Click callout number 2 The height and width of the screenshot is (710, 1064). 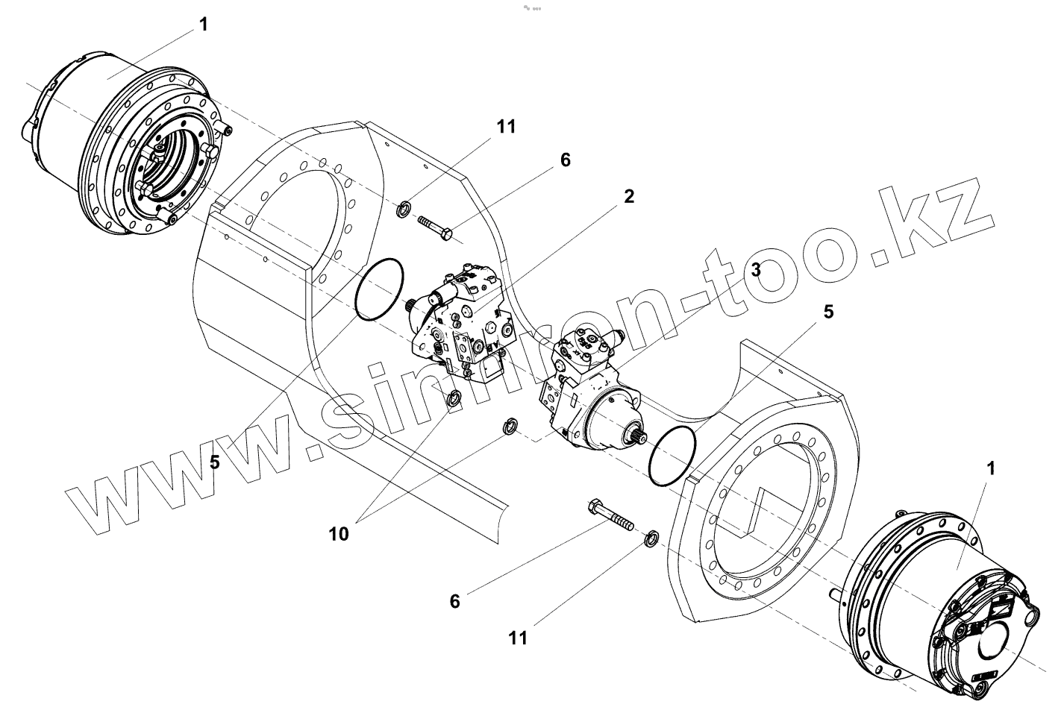coord(629,197)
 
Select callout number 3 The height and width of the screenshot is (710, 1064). coord(756,270)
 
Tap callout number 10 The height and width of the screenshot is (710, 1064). coord(338,534)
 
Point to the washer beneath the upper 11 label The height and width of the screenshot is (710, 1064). coord(402,208)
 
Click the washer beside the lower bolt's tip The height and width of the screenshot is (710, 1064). coord(651,537)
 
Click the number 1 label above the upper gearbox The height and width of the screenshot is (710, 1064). coord(204,25)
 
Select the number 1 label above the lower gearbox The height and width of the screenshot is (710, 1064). coord(991,469)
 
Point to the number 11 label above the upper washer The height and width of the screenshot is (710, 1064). coord(506,126)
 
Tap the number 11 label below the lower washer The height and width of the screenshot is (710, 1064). coord(518,638)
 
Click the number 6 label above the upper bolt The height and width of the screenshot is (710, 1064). coord(565,160)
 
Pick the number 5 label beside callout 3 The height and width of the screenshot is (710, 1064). coord(828,312)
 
